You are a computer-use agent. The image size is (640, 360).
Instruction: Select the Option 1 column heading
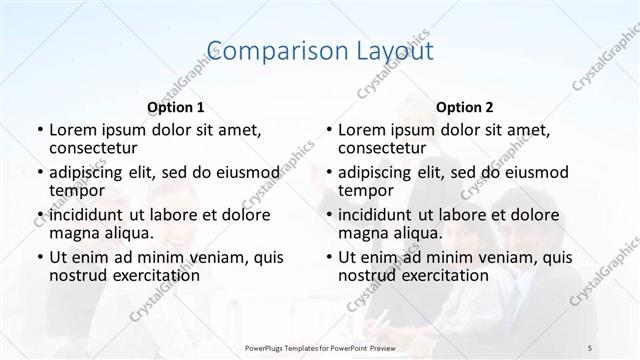click(x=175, y=107)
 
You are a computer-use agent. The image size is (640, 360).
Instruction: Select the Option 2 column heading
click(x=464, y=107)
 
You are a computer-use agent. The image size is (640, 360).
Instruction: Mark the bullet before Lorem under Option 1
click(x=39, y=131)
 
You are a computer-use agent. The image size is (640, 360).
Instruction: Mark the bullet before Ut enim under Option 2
click(x=328, y=257)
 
